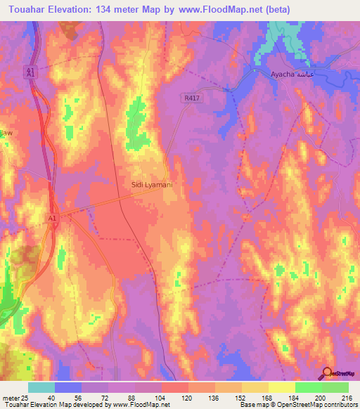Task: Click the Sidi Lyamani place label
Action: [x=152, y=184]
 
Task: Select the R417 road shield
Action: [x=194, y=99]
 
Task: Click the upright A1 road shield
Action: [x=52, y=219]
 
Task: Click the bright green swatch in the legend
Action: [x=309, y=387]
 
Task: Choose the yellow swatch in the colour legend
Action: [x=282, y=387]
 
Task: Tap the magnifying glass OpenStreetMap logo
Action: [x=326, y=374]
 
